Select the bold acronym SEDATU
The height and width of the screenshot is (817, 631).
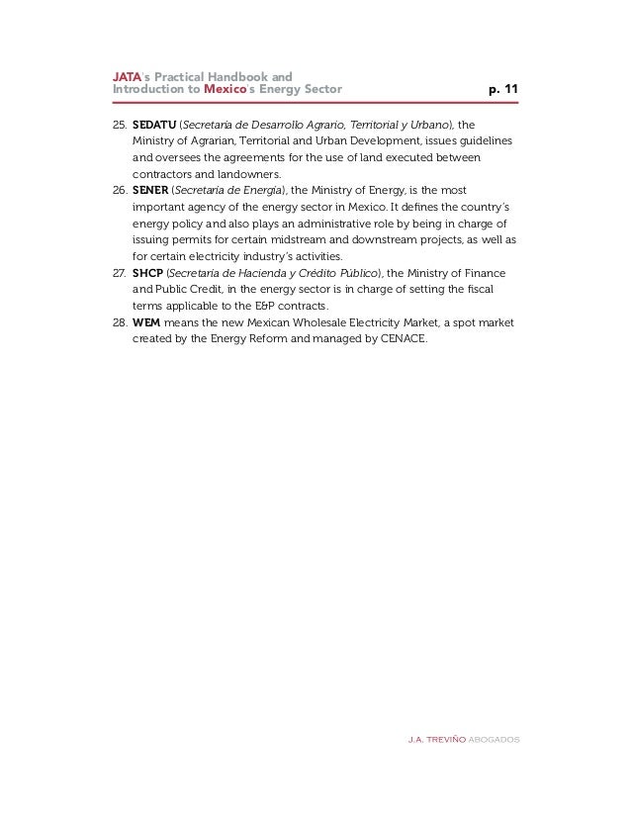[152, 126]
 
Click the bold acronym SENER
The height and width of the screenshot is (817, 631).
[149, 190]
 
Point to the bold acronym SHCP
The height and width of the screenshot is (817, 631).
[147, 271]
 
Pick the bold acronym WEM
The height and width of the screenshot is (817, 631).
[146, 321]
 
